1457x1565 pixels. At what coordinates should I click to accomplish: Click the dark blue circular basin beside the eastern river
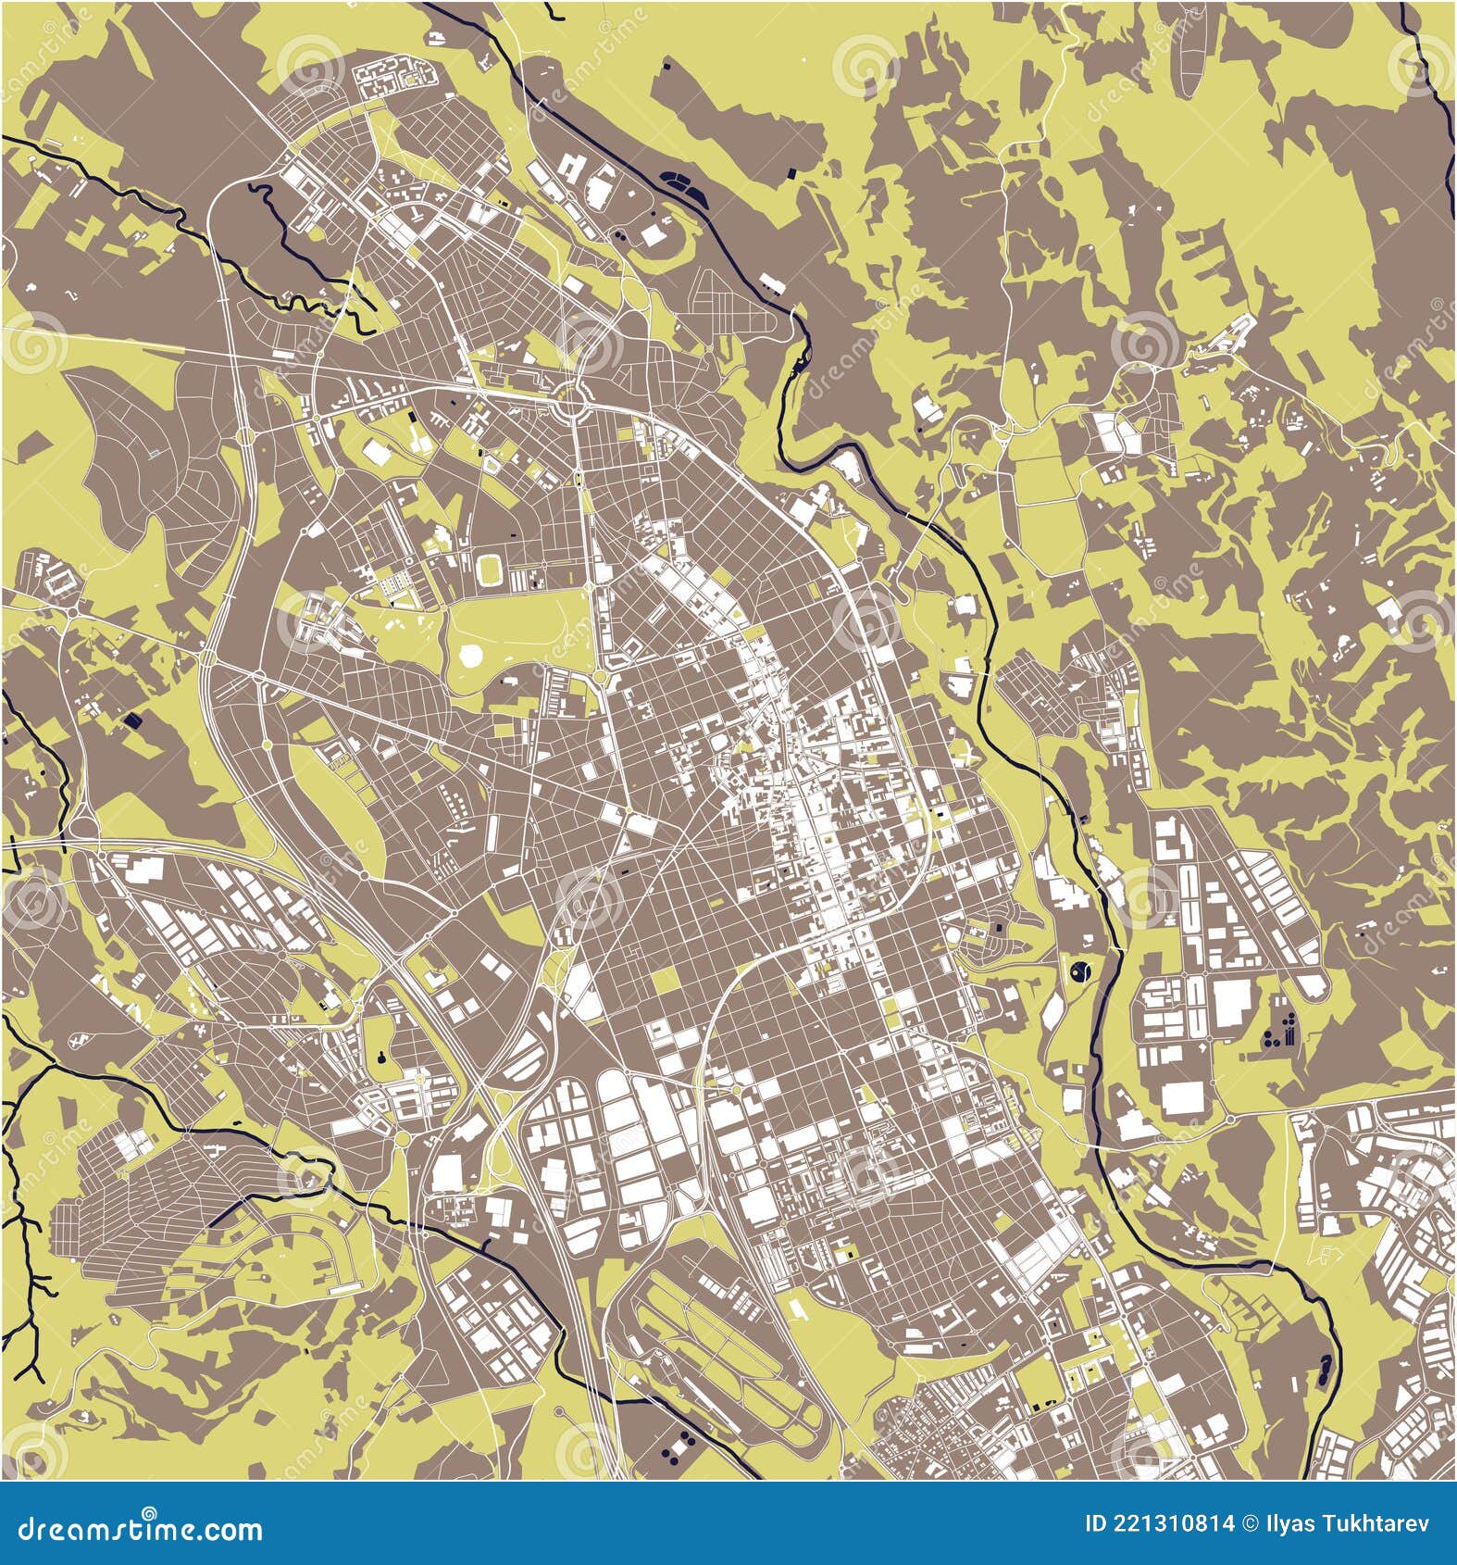tap(1079, 971)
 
